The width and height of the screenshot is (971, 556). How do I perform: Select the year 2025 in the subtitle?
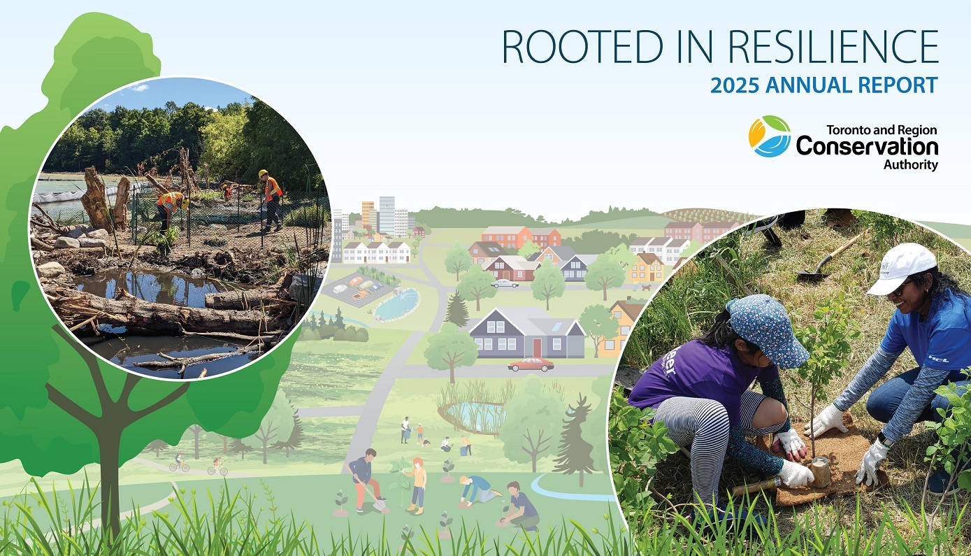734,86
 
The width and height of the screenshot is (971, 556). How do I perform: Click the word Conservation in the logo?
867,147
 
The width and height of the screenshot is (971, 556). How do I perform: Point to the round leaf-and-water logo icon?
769,136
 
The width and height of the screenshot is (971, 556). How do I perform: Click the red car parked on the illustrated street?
531,364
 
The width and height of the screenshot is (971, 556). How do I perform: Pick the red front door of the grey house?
537,347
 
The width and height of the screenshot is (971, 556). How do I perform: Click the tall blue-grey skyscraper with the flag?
386,213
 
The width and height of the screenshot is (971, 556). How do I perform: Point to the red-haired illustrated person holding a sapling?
418,483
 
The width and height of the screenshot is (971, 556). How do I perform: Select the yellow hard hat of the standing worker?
264,173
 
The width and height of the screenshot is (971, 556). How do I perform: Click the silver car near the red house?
505,283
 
